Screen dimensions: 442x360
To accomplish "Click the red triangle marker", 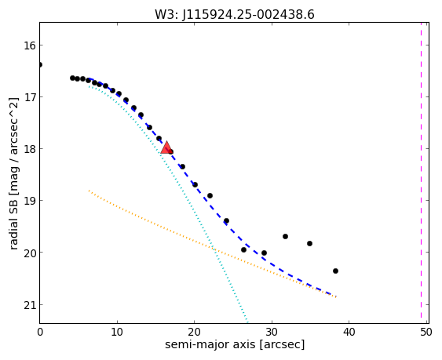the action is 166,148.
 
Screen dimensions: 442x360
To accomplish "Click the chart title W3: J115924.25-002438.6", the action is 235,15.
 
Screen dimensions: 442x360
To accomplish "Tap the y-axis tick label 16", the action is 29,45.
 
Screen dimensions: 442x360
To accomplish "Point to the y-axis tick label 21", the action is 29,305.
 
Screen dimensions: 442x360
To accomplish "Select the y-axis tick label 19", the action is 29,201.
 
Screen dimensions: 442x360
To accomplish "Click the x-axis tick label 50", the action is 426,333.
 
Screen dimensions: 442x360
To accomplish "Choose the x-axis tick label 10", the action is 117,333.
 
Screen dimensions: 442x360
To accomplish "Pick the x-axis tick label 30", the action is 272,333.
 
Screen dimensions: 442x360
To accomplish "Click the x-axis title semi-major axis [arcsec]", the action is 235,345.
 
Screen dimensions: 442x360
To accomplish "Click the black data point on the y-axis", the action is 40,65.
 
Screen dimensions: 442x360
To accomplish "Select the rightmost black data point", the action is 335,271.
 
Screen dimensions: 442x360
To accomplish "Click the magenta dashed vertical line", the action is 421,173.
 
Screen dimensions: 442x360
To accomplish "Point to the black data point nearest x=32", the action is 285,236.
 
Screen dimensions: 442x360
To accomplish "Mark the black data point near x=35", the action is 309,243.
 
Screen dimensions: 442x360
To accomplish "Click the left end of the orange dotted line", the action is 89,191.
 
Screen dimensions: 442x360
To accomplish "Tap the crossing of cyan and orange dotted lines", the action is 214,249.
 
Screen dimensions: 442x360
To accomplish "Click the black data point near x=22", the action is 210,195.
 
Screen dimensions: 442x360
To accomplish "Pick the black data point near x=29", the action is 264,253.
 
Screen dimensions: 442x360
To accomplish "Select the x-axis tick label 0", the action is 40,333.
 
